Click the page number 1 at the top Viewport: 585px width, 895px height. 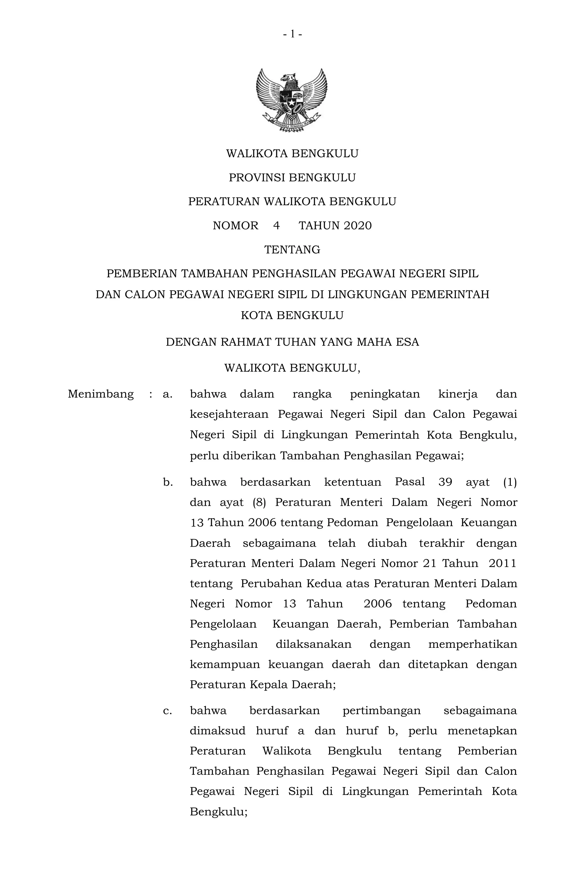(292, 35)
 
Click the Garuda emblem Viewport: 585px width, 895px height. (292, 100)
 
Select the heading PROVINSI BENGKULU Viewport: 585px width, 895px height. (292, 177)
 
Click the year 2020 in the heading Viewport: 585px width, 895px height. (357, 226)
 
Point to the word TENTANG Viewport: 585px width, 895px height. (292, 250)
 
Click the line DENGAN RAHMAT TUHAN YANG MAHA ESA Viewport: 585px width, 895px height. (292, 342)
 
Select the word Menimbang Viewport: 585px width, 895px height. (101, 394)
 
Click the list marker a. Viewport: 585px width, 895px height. (167, 394)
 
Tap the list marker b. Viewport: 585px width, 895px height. (168, 482)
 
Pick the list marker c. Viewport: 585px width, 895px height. (167, 711)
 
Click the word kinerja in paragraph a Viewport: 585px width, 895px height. (458, 394)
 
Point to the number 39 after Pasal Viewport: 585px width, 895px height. (445, 482)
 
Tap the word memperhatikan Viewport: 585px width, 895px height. (472, 644)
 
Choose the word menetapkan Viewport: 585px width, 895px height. (482, 731)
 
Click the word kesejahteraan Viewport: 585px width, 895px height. (229, 414)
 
